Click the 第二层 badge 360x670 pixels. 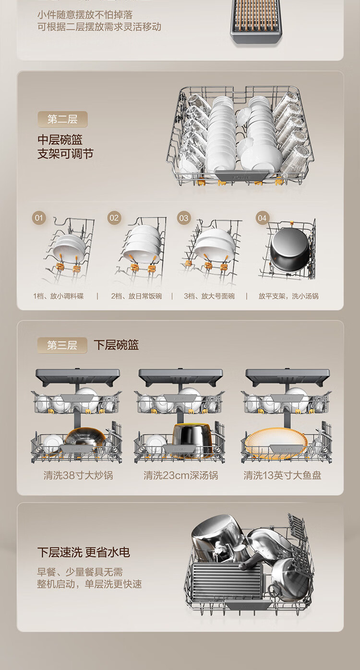62,119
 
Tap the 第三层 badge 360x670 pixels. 62,345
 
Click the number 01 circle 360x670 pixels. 39,218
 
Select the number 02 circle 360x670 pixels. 114,218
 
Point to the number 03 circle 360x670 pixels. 184,218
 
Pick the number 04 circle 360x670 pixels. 262,218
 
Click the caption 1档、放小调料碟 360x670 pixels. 59,296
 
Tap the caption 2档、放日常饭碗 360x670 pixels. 136,296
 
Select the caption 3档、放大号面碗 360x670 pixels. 209,296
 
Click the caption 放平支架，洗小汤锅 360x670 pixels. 288,296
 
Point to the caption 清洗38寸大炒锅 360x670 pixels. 78,475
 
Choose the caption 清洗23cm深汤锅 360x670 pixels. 180,475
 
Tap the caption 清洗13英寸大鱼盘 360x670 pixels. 282,475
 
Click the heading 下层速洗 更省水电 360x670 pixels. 84,552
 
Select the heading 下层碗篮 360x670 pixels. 116,345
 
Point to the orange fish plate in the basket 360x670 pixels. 275,439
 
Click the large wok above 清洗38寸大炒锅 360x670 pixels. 85,438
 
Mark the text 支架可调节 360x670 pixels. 65,154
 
